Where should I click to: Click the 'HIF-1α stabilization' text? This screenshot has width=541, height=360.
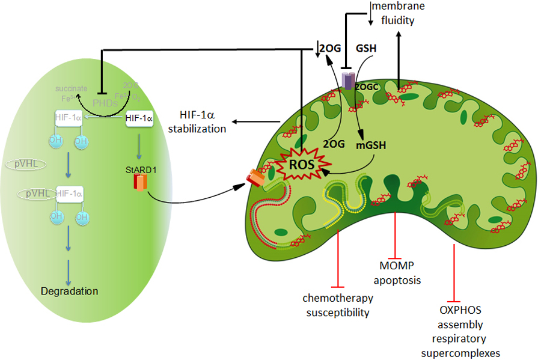202,121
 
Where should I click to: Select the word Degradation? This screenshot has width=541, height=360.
69,291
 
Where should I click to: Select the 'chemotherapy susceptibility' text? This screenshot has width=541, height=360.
338,305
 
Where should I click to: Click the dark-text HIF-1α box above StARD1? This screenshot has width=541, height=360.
139,119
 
